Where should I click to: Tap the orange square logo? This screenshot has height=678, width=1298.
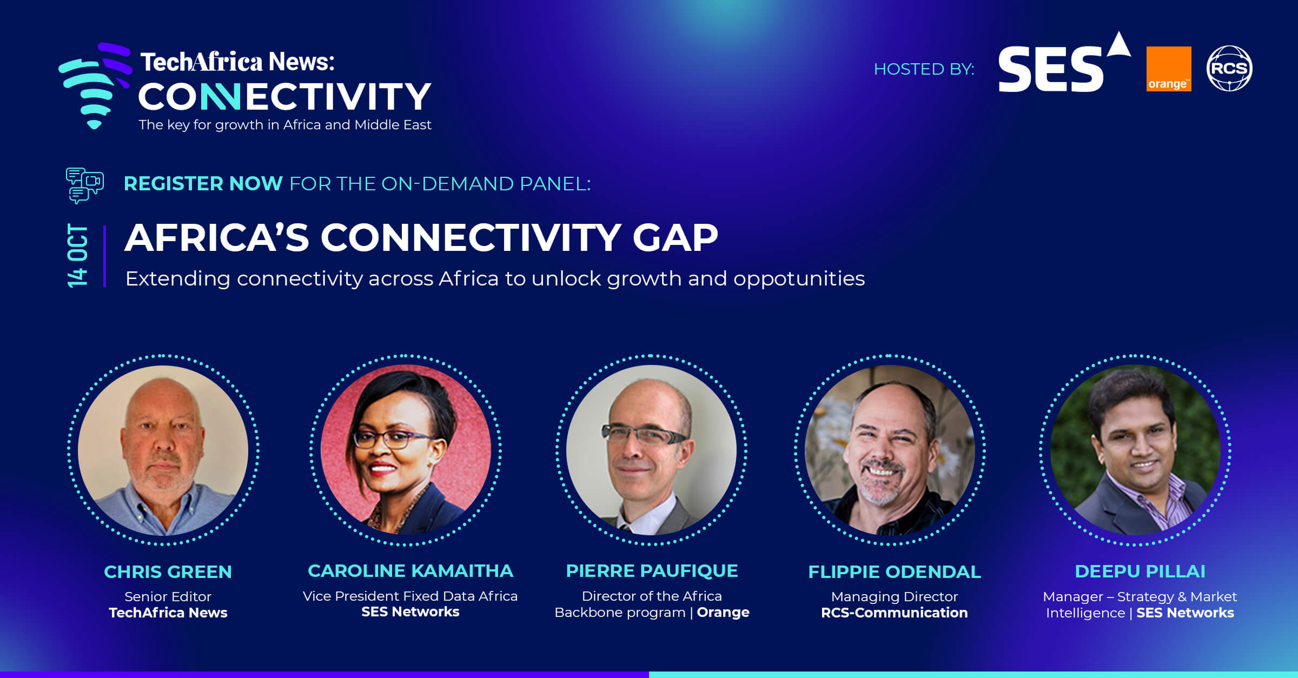pyautogui.click(x=1168, y=69)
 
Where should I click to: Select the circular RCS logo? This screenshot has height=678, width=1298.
pyautogui.click(x=1229, y=68)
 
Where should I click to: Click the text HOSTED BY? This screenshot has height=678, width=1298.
pyautogui.click(x=924, y=69)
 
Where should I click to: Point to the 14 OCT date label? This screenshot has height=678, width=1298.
pyautogui.click(x=77, y=256)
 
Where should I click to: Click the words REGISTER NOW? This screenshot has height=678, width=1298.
pyautogui.click(x=203, y=184)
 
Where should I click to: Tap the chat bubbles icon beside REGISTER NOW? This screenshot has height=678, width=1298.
pyautogui.click(x=84, y=185)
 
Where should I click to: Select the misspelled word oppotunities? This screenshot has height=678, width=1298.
pyautogui.click(x=799, y=279)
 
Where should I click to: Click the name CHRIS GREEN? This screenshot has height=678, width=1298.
pyautogui.click(x=168, y=572)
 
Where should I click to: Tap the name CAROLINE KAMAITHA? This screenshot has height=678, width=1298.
pyautogui.click(x=410, y=571)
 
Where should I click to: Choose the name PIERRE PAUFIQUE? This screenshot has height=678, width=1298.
pyautogui.click(x=652, y=571)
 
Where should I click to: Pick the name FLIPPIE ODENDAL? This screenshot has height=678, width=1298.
pyautogui.click(x=894, y=572)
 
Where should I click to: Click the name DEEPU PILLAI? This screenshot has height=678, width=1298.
pyautogui.click(x=1140, y=571)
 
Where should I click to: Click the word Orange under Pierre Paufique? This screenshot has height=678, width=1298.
pyautogui.click(x=723, y=612)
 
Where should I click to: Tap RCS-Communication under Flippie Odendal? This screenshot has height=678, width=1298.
pyautogui.click(x=894, y=613)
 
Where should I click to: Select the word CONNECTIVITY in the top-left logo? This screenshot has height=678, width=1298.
pyautogui.click(x=284, y=97)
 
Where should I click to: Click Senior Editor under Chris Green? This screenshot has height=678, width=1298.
pyautogui.click(x=168, y=596)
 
